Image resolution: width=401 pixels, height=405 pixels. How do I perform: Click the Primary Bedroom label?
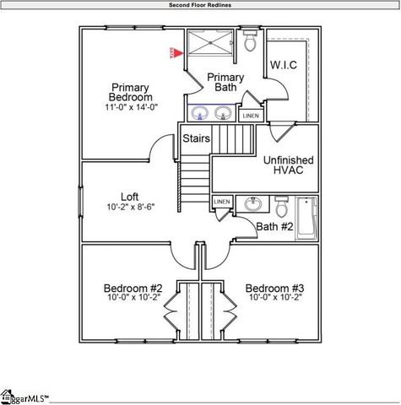pyautogui.click(x=130, y=92)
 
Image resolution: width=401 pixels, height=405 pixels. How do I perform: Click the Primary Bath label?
pyautogui.click(x=226, y=82)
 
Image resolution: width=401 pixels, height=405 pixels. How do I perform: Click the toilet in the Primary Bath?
pyautogui.click(x=250, y=43)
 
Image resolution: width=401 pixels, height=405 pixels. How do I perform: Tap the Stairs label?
pyautogui.click(x=197, y=138)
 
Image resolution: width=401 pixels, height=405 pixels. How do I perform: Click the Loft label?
pyautogui.click(x=130, y=195)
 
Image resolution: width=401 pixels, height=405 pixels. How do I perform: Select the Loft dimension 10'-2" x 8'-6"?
pyautogui.click(x=130, y=208)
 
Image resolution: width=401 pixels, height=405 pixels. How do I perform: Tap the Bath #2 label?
pyautogui.click(x=274, y=227)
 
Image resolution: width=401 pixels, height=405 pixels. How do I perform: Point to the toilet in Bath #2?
pyautogui.click(x=282, y=205)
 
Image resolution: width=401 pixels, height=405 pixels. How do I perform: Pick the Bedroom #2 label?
pyautogui.click(x=133, y=286)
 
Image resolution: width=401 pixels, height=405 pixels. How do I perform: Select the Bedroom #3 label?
pyautogui.click(x=274, y=286)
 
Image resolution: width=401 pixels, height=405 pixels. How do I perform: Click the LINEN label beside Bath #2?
pyautogui.click(x=222, y=202)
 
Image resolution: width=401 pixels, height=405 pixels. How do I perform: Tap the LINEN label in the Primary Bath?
pyautogui.click(x=251, y=115)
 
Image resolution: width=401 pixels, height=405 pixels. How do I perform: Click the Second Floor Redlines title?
pyautogui.click(x=200, y=5)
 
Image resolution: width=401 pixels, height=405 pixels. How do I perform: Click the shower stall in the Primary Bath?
pyautogui.click(x=209, y=44)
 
